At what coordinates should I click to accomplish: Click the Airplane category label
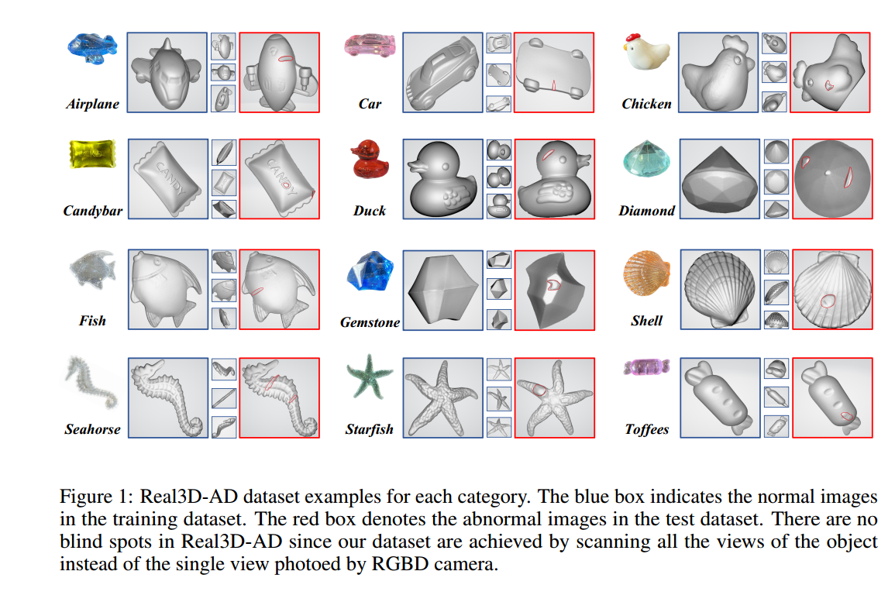pos(92,104)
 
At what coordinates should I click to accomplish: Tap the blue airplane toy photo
pos(91,48)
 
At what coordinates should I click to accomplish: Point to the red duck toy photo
pos(369,160)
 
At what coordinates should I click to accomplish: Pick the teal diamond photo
pos(646,160)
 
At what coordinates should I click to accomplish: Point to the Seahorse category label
pos(92,429)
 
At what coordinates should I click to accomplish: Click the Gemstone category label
pos(370,322)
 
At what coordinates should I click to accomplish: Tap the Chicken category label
pos(646,104)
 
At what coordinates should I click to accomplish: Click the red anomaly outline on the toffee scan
pos(848,418)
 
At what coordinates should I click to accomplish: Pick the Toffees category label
pos(646,429)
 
